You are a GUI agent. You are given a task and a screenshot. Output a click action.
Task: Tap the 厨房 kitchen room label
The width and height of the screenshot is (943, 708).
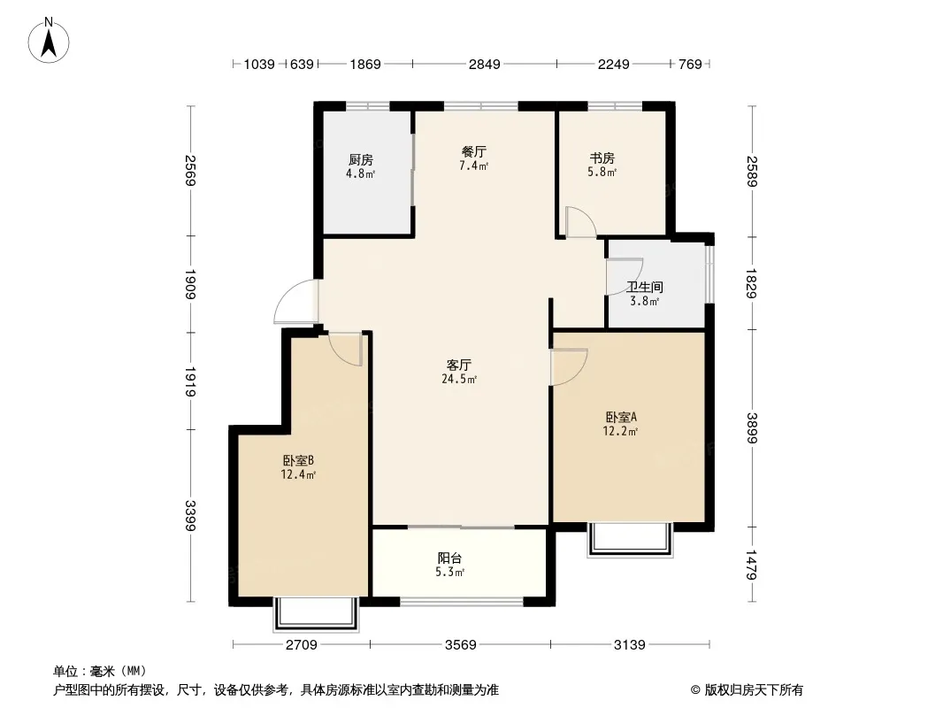(x=360, y=159)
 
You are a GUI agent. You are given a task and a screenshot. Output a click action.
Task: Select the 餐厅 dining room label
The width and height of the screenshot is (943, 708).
(x=474, y=151)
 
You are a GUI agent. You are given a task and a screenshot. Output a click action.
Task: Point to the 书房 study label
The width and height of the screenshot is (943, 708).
(x=602, y=158)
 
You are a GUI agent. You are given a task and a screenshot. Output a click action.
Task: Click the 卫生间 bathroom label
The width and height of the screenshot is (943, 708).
(x=645, y=287)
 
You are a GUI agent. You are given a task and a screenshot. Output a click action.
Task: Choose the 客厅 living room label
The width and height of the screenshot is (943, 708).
(x=459, y=365)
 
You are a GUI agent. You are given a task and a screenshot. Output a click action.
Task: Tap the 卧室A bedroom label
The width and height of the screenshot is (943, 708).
(x=621, y=417)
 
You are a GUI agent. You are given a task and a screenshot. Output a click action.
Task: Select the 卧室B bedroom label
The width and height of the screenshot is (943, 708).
(x=298, y=461)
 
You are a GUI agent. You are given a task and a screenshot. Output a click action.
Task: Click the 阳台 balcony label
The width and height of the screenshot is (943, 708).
(x=450, y=558)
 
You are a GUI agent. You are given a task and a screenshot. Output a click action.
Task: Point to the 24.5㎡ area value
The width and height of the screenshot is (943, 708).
(x=459, y=379)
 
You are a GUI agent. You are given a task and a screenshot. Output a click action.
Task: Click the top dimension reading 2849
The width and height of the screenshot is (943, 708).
(x=485, y=64)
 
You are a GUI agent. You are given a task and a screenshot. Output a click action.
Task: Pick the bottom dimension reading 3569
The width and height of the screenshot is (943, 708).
(x=461, y=645)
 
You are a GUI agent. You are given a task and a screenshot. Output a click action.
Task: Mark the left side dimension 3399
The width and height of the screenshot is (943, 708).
(x=191, y=515)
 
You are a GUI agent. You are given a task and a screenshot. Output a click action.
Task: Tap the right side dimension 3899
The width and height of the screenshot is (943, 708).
(x=752, y=427)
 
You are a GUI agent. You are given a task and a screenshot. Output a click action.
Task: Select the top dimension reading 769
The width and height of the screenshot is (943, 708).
(x=690, y=64)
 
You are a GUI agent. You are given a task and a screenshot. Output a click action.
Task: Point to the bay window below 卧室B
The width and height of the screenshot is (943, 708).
(x=316, y=614)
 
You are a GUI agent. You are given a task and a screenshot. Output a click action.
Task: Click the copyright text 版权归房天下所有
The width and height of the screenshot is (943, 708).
(x=754, y=690)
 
